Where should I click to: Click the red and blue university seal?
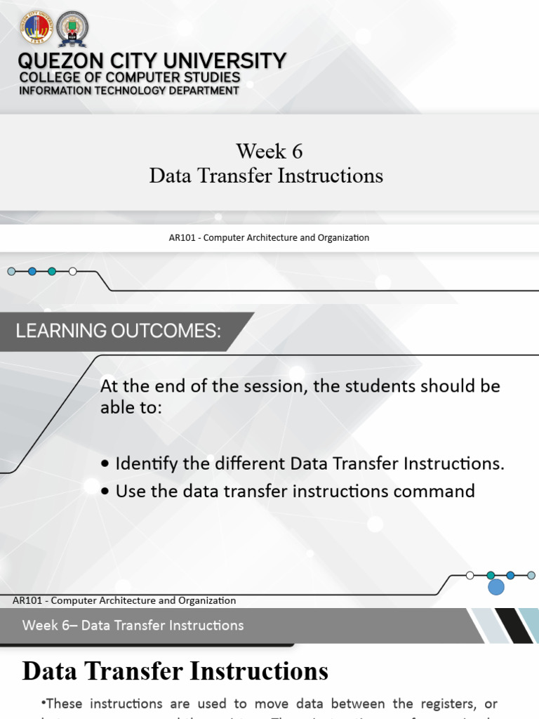coord(36,28)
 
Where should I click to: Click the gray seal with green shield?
coord(72,29)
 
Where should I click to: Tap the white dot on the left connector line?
coord(73,271)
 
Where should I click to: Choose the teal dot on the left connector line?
coord(52,271)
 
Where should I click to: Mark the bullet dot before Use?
coord(105,492)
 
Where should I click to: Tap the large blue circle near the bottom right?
coord(496,587)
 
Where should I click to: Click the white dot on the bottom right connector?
coord(470,575)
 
